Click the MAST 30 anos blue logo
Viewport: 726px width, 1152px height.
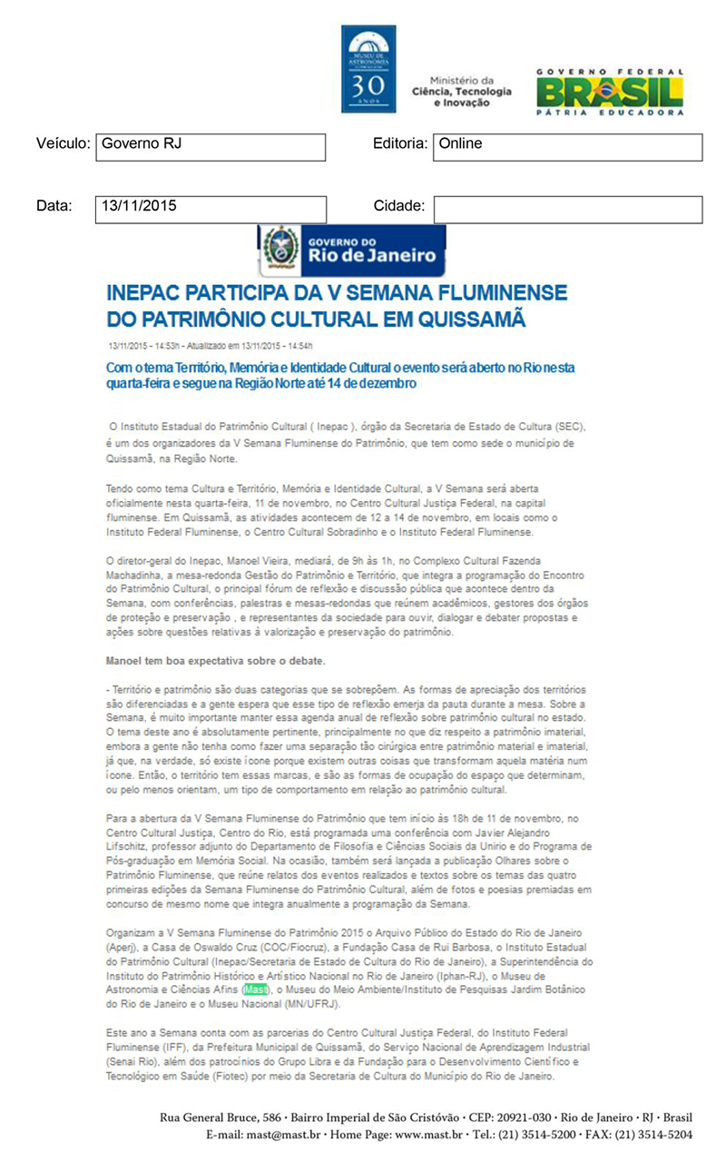(x=368, y=69)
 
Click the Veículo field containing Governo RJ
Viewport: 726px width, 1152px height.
(x=211, y=146)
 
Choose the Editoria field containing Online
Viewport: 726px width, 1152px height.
(x=567, y=146)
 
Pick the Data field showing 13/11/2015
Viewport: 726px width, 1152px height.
(x=211, y=209)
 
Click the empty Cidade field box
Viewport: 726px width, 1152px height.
(x=567, y=209)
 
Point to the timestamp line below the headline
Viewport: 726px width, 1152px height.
(x=210, y=346)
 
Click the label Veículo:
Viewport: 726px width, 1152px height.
(x=63, y=144)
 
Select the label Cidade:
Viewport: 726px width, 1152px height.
(x=398, y=206)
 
